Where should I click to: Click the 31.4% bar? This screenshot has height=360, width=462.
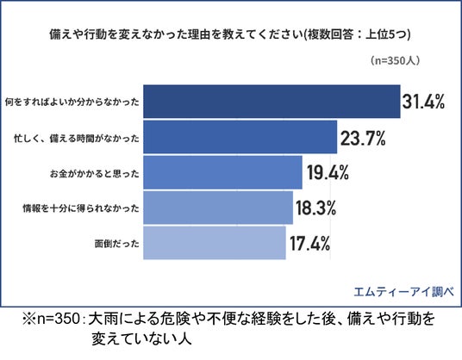click(x=272, y=102)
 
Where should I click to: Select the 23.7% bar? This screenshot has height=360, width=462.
click(x=240, y=137)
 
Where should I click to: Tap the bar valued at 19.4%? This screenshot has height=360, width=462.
click(x=222, y=172)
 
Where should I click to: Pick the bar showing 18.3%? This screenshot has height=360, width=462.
click(x=218, y=208)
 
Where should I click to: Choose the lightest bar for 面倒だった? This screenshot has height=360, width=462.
click(x=215, y=243)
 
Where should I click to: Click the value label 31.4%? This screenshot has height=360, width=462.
click(x=424, y=102)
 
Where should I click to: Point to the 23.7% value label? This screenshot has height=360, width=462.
click(x=363, y=138)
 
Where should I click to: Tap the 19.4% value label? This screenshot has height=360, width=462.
click(x=328, y=172)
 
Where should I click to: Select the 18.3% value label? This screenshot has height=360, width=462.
click(x=315, y=208)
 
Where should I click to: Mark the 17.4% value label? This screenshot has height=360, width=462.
click(x=309, y=244)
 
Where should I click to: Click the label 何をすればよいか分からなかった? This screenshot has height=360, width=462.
click(x=72, y=102)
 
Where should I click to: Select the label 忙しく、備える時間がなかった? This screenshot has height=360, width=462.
click(x=77, y=138)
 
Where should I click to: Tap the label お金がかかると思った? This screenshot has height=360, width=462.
click(x=95, y=173)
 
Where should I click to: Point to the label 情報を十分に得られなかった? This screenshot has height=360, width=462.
click(x=81, y=208)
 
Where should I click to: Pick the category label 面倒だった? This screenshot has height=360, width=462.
click(x=117, y=244)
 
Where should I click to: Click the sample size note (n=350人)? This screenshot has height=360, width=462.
click(x=395, y=60)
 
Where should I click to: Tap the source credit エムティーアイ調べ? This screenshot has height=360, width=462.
click(x=403, y=291)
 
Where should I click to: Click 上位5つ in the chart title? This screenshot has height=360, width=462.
click(x=385, y=34)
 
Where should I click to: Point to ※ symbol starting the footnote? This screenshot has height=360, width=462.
click(x=29, y=319)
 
